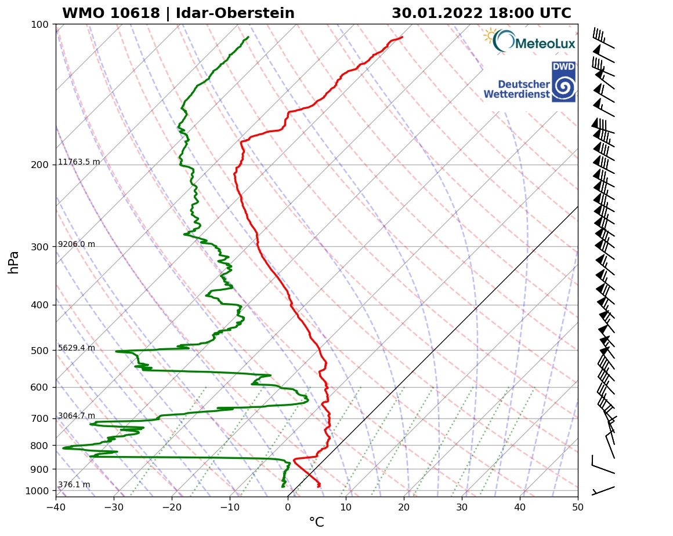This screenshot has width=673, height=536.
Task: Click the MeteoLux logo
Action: coord(529,41)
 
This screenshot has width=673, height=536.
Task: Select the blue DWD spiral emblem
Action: coord(563,87)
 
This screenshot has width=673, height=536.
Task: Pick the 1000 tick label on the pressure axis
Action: coord(37,491)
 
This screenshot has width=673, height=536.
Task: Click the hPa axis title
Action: coord(14,262)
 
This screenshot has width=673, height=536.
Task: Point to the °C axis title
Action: coord(316,523)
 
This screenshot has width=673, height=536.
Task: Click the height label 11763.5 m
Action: coord(79,162)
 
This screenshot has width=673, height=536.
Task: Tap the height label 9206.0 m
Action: coord(77,245)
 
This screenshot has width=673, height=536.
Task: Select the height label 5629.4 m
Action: coord(77,348)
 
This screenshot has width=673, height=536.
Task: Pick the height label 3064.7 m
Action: coord(77,416)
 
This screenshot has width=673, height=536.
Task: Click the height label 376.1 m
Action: coord(74,485)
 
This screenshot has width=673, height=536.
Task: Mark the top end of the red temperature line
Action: coord(402,37)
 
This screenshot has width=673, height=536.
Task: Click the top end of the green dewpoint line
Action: coord(248,37)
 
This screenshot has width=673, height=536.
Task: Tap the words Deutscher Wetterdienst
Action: coord(516,89)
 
